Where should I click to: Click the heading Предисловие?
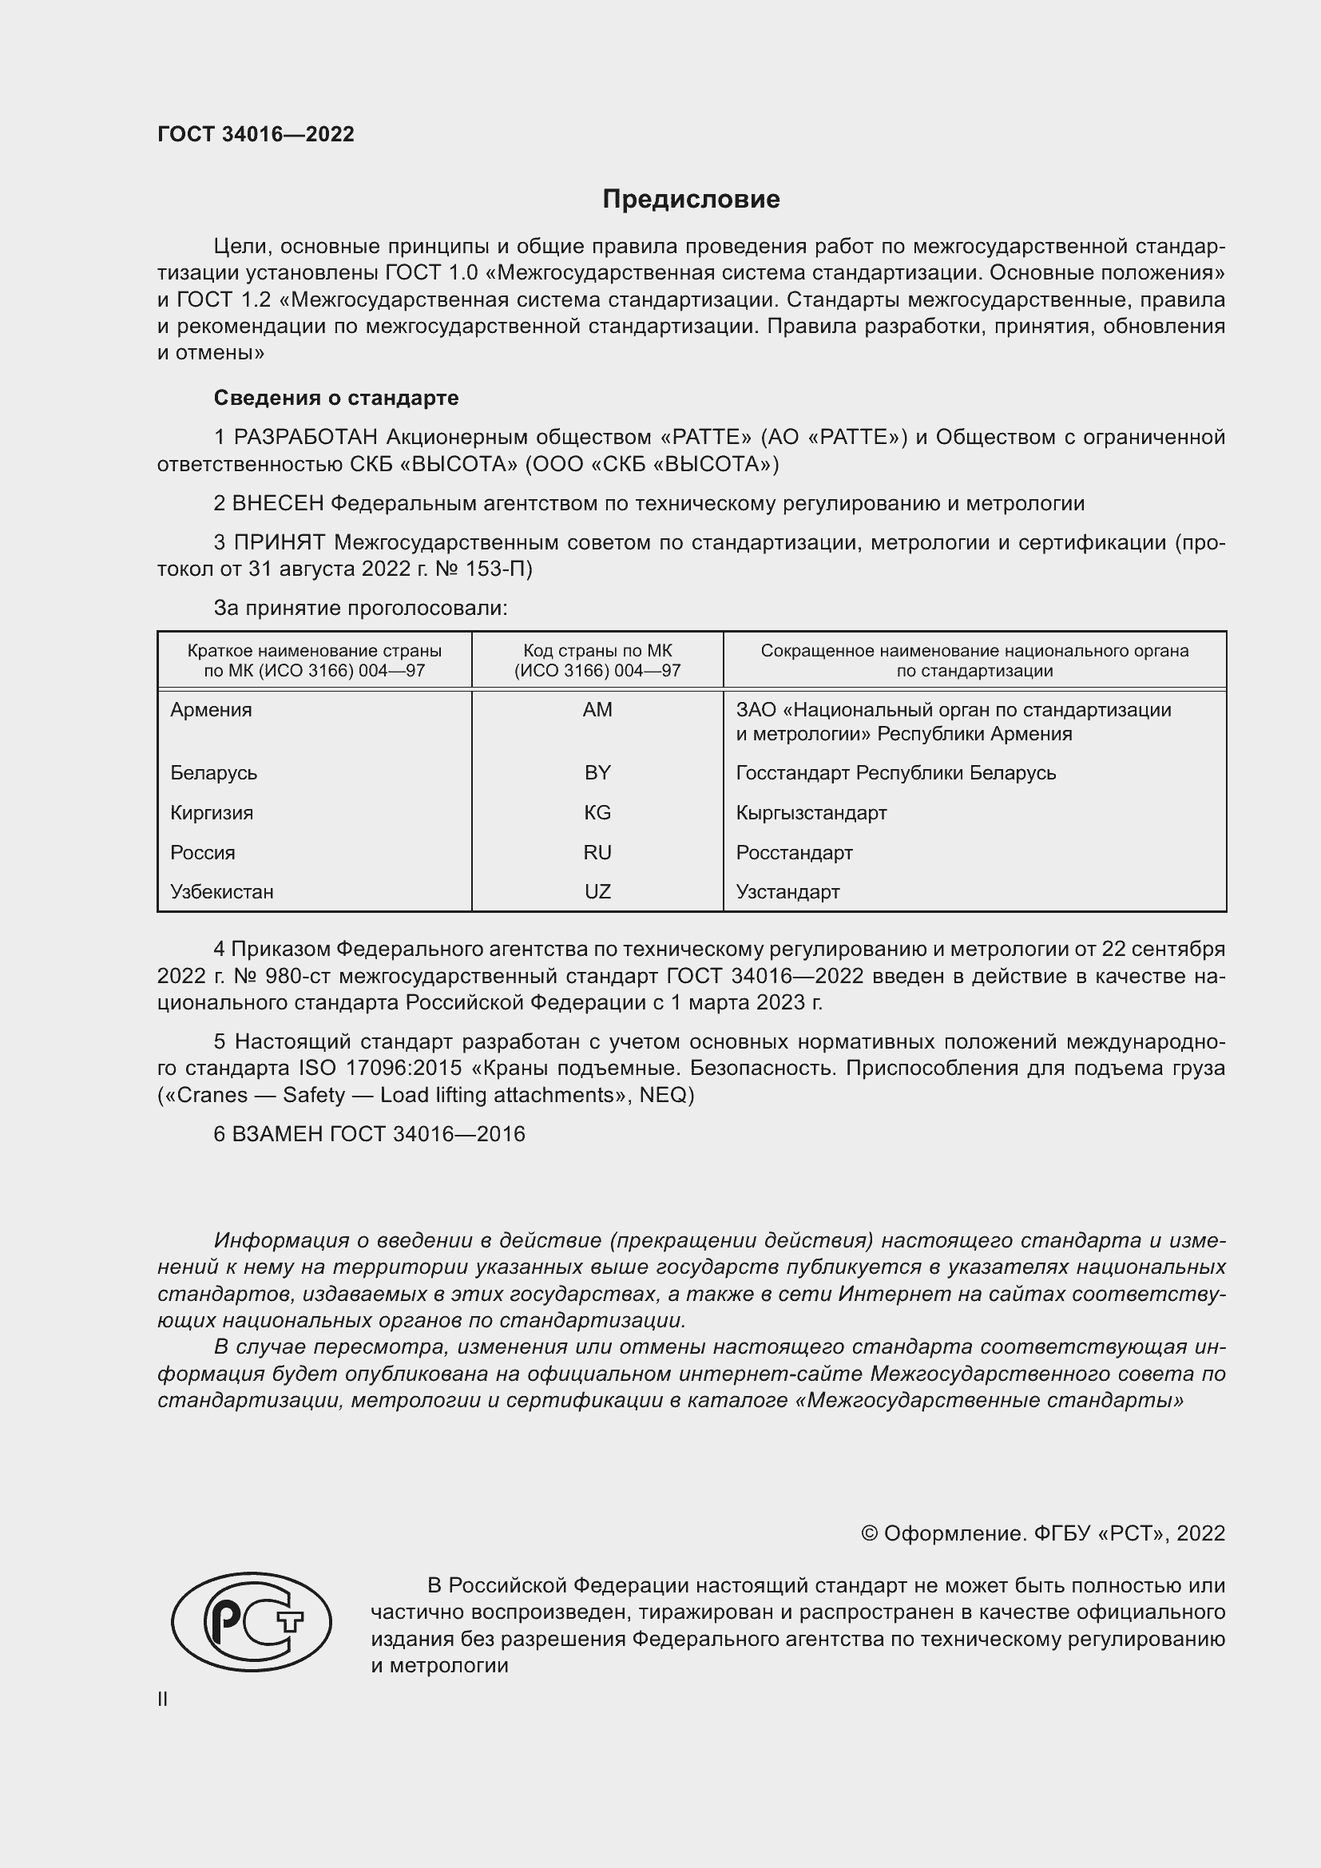pos(691,200)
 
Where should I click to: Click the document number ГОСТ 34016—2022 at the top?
pos(256,134)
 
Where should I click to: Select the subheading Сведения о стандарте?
pos(336,398)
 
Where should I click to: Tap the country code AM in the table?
pos(597,709)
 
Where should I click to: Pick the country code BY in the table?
pos(597,772)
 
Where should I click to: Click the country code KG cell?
pos(597,812)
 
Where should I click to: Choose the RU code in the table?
pos(597,852)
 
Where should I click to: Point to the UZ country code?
pos(597,891)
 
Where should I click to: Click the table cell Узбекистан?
pos(221,891)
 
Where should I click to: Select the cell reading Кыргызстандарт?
pos(811,812)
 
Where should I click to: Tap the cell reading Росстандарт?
pos(794,852)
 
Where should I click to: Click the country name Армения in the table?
pos(211,709)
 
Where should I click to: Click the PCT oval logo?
pos(252,1620)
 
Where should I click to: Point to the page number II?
pos(163,1699)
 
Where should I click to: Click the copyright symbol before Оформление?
pos(869,1533)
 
